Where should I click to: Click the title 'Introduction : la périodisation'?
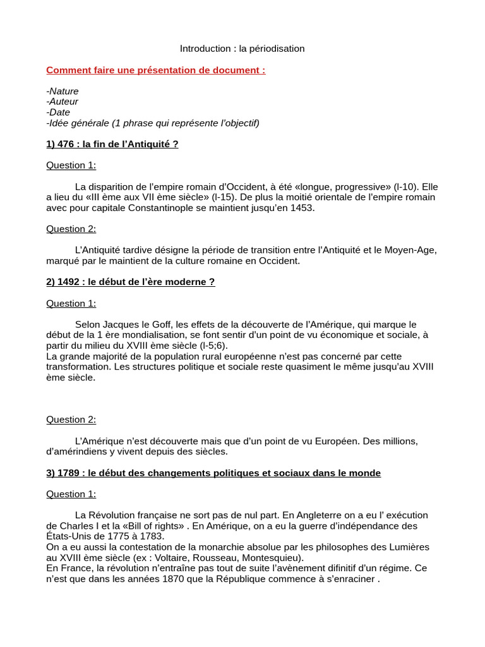click(x=242, y=49)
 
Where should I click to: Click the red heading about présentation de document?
click(x=155, y=70)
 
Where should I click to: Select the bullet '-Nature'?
click(x=63, y=91)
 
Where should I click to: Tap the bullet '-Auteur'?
click(x=63, y=102)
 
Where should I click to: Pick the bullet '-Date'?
click(x=58, y=112)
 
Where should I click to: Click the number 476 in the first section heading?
click(x=66, y=144)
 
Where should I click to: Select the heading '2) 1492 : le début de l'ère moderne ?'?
click(x=131, y=282)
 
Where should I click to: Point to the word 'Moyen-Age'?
click(x=414, y=250)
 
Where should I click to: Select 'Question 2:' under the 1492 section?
click(x=71, y=420)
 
